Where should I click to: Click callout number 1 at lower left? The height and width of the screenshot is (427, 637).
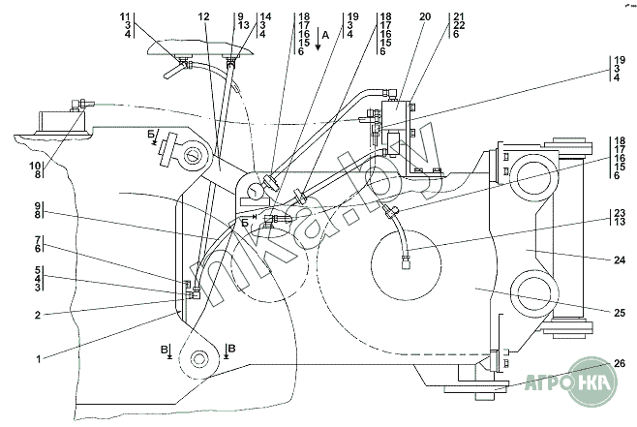click(39, 359)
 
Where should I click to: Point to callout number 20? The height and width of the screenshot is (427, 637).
click(398, 17)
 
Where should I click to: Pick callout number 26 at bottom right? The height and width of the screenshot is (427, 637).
click(620, 363)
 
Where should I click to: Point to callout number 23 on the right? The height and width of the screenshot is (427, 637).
click(618, 213)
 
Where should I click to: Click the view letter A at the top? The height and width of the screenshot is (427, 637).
click(326, 34)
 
